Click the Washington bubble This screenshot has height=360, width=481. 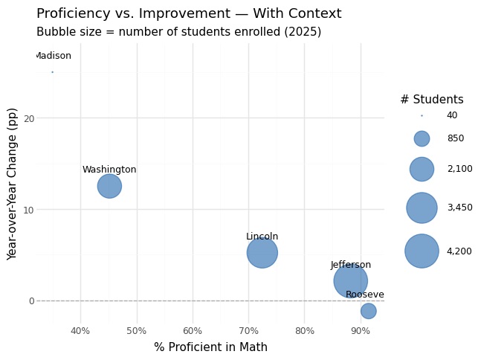(109, 186)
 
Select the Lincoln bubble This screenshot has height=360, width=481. (262, 252)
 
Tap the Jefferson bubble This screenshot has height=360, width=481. (350, 280)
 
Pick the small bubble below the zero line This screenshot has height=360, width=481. (368, 311)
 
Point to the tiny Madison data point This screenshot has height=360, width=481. (52, 72)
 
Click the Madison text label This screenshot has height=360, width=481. (54, 57)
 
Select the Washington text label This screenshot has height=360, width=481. (109, 170)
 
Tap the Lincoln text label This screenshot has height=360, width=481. (262, 237)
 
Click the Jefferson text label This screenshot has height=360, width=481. (351, 265)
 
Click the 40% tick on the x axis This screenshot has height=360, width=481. (80, 330)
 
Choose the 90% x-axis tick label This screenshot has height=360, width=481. (361, 330)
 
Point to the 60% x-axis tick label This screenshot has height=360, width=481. (193, 330)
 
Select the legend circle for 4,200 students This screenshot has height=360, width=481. (422, 251)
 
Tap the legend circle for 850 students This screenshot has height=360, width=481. (422, 138)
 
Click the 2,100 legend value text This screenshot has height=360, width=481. (459, 169)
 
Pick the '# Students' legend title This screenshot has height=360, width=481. (432, 100)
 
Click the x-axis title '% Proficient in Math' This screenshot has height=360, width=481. (210, 347)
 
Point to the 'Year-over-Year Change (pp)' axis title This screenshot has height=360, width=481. (13, 184)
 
